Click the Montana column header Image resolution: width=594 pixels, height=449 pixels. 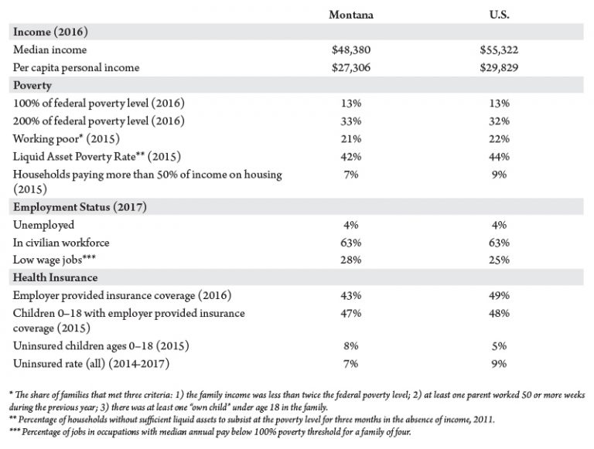click(x=351, y=15)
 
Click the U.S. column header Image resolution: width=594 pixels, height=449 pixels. click(x=499, y=15)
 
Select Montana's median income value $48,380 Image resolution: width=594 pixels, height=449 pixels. click(x=351, y=50)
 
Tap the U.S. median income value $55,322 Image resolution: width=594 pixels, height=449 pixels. click(x=499, y=50)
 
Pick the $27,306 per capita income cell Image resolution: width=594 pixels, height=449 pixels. click(x=351, y=68)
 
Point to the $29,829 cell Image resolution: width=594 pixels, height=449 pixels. click(x=499, y=68)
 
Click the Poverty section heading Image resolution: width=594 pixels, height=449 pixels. click(x=32, y=86)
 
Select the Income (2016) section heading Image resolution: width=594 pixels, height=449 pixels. click(x=50, y=32)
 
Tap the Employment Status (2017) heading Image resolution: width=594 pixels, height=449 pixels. click(x=80, y=207)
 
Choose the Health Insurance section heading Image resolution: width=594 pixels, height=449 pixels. click(x=56, y=277)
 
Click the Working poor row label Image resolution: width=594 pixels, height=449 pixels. click(x=67, y=139)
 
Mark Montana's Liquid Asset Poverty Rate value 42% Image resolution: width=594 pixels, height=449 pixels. click(x=351, y=157)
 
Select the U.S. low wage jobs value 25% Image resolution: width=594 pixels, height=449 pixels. click(x=499, y=260)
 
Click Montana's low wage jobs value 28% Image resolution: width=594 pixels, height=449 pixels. click(x=351, y=260)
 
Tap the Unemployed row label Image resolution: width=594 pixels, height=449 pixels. click(x=43, y=225)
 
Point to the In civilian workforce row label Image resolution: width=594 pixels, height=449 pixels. click(x=61, y=243)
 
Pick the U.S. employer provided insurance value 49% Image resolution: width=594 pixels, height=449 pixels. click(x=499, y=296)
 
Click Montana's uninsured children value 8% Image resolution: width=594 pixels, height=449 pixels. click(x=351, y=346)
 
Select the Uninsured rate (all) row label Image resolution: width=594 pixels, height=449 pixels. click(x=91, y=364)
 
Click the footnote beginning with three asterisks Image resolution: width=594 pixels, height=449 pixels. click(x=210, y=432)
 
